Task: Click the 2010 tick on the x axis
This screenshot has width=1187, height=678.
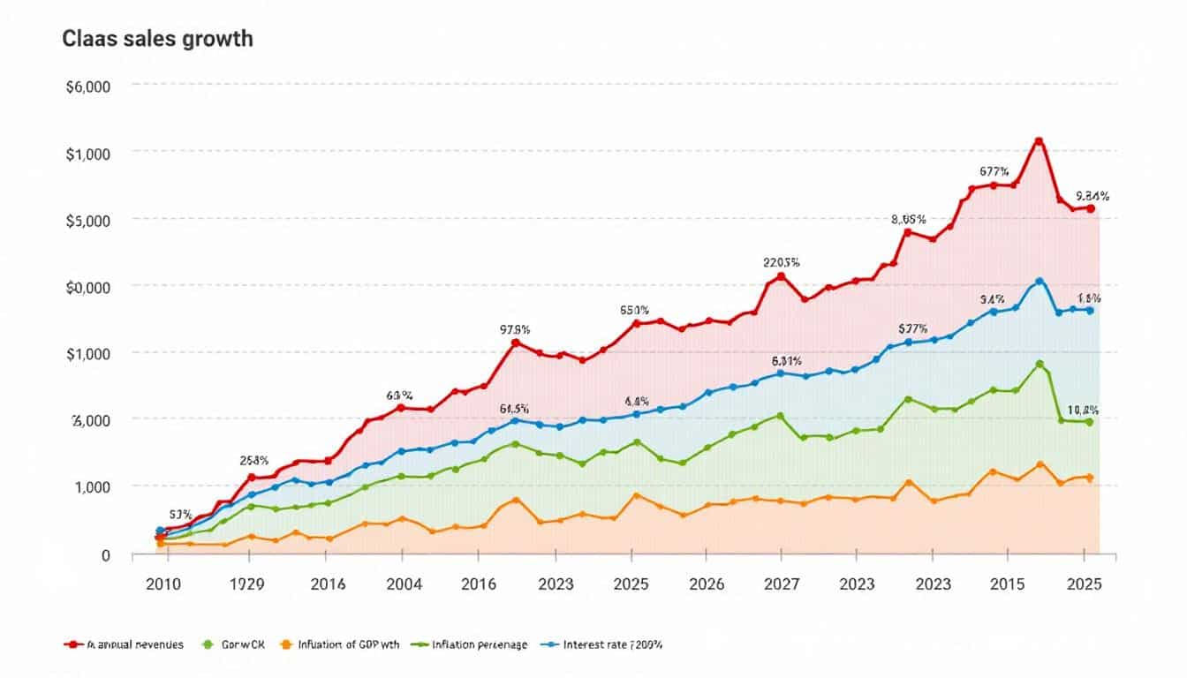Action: pos(163,584)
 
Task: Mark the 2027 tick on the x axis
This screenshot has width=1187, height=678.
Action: pos(782,584)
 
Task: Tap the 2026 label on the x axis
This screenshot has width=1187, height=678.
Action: pos(707,584)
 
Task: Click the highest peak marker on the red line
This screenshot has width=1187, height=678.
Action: pos(1039,141)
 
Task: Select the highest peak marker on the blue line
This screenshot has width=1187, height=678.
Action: pos(1039,282)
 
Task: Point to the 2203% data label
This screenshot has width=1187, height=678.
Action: pos(781,262)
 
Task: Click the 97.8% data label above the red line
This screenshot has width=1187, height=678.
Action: pos(515,329)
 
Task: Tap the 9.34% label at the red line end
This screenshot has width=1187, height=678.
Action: pos(1092,196)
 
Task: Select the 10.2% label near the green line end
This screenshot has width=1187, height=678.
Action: pos(1082,410)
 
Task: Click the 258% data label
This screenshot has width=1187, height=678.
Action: pos(254,460)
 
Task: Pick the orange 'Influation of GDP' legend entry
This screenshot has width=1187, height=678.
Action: pos(340,644)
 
